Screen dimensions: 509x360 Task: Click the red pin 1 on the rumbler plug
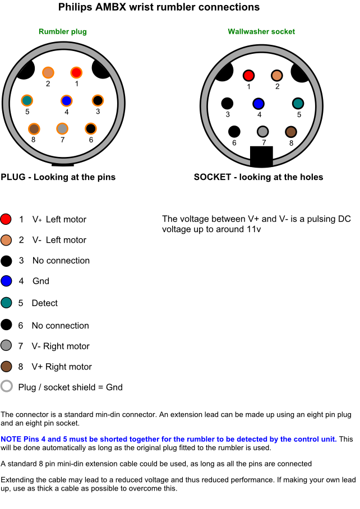76,72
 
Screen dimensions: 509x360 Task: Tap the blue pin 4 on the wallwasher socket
259,104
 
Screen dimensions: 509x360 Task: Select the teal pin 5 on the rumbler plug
27,101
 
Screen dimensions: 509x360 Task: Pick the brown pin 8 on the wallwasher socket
290,132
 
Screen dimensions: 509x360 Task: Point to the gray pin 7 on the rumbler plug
62,129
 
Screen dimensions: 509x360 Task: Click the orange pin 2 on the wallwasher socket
276,76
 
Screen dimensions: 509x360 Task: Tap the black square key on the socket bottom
261,156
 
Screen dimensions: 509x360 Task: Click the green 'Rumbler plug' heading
62,31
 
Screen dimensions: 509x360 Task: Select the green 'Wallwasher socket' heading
261,31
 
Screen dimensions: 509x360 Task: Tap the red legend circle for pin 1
6,219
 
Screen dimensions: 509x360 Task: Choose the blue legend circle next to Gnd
6,281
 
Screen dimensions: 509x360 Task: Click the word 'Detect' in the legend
44,303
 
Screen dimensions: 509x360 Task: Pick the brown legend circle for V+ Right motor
6,367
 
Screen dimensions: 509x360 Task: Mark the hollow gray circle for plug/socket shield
6,386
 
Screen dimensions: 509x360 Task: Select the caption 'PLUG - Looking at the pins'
58,177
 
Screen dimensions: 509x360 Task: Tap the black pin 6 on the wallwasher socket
234,132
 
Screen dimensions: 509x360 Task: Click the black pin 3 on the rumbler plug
98,101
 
